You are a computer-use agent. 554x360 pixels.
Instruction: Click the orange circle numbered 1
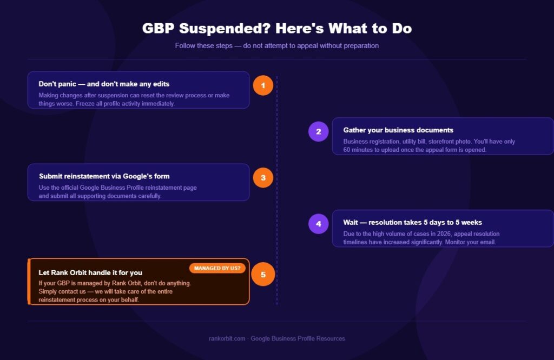263,85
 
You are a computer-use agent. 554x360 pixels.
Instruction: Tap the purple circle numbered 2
318,132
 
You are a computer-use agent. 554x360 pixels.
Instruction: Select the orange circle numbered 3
263,177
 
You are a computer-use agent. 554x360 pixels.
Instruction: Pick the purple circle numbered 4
318,224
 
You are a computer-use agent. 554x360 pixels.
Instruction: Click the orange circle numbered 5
263,274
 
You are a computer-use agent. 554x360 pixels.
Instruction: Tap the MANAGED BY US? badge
217,268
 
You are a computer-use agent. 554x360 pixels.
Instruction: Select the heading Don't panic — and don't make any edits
104,84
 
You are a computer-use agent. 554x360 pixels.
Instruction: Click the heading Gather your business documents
398,130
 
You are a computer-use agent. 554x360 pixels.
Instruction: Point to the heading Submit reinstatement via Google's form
104,176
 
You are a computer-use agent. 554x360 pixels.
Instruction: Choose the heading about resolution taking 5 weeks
412,222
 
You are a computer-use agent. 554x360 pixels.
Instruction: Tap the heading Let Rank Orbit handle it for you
90,272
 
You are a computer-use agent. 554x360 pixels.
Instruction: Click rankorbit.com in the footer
227,338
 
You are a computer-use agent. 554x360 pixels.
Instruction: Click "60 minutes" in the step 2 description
358,150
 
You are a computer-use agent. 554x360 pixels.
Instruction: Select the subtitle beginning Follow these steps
277,45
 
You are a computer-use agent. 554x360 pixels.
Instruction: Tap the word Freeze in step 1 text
85,103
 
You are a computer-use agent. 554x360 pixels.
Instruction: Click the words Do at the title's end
402,29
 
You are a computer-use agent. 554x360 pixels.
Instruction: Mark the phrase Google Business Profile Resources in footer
298,338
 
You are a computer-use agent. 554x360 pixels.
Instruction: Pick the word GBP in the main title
159,29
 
